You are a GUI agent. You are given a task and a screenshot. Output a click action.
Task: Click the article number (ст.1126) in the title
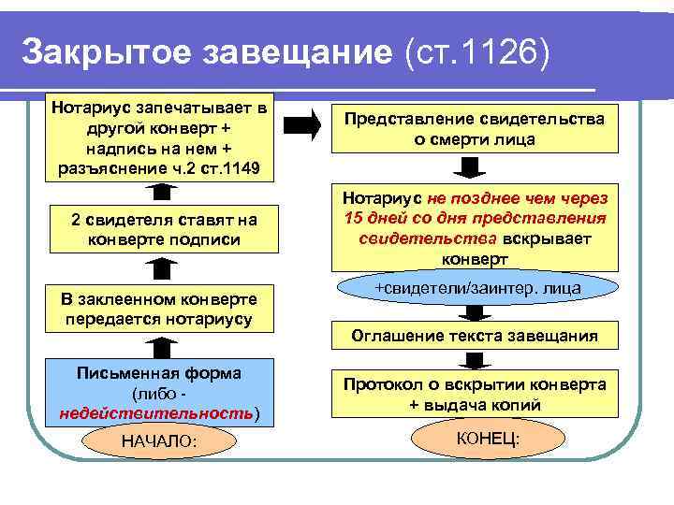click(x=468, y=52)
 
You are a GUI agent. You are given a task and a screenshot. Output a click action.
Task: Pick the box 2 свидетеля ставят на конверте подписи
click(x=161, y=229)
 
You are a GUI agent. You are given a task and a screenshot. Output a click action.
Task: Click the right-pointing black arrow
click(x=301, y=127)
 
